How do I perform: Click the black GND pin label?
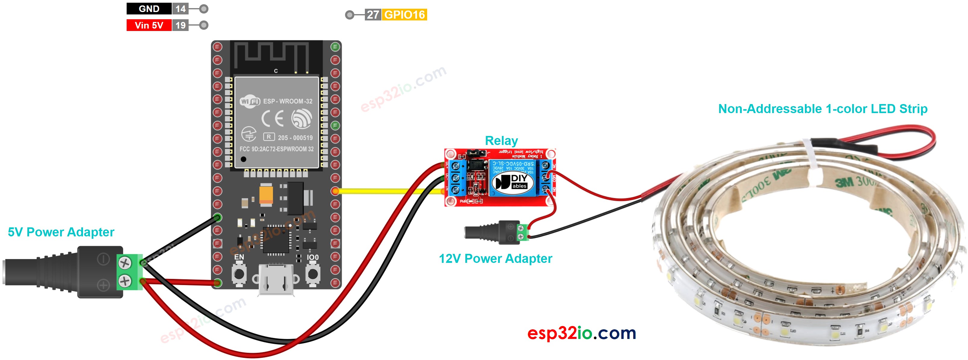tap(149, 9)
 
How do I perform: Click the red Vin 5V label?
tap(149, 25)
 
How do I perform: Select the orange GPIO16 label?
tap(404, 15)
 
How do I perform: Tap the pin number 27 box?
tap(372, 15)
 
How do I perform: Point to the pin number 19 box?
tap(180, 25)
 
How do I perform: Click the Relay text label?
tap(501, 140)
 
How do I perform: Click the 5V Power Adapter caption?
tap(61, 232)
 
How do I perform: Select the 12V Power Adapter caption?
tap(495, 259)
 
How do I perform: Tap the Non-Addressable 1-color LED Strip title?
tap(823, 109)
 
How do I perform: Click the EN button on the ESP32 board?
tap(239, 274)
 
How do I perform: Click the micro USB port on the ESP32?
tap(276, 280)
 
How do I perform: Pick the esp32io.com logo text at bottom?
tap(581, 333)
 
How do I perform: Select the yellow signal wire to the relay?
tap(391, 191)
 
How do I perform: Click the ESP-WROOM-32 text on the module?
tap(288, 101)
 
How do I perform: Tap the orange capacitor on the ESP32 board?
tap(266, 195)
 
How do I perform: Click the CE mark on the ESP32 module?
tap(273, 119)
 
